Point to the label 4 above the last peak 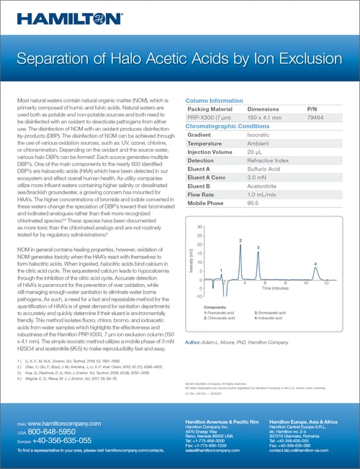(x=315, y=264)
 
